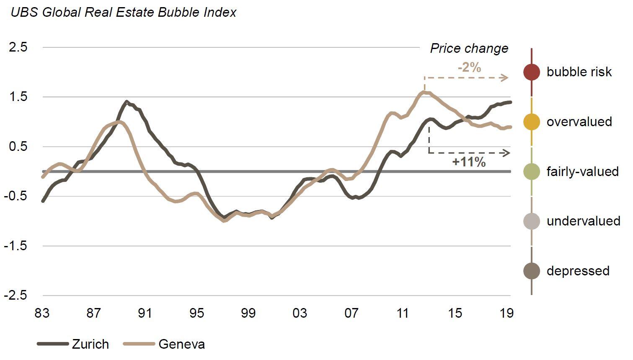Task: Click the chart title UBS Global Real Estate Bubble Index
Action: coord(123,12)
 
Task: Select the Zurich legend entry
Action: coord(73,344)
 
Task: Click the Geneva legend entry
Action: coord(164,344)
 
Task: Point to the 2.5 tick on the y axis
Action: coord(18,47)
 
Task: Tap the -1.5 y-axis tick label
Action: coord(16,246)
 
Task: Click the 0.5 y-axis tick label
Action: coord(18,146)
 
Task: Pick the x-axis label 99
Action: coord(248,313)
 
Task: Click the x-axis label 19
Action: coord(506,313)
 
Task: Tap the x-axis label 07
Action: coord(351,313)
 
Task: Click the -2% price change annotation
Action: coord(469,67)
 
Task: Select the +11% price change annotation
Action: coord(469,162)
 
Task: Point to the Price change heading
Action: coord(469,48)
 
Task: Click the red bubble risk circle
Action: coord(532,72)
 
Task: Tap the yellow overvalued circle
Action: coord(532,122)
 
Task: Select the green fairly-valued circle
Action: coord(532,171)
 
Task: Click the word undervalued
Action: coord(583,221)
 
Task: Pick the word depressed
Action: coord(578,271)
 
